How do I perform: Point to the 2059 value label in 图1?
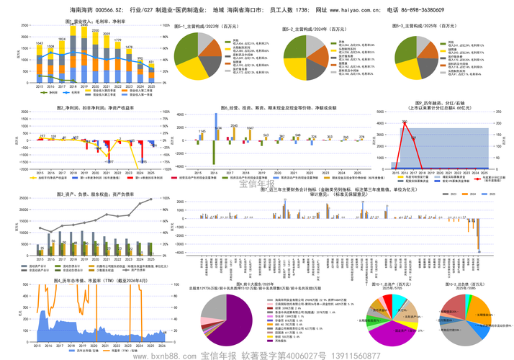click(x=106, y=34)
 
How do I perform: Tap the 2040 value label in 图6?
click(x=233, y=125)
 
